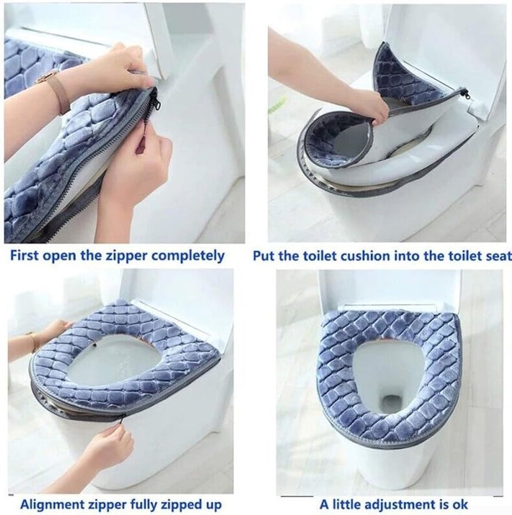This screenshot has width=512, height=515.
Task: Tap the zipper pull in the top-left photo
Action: (x=154, y=101)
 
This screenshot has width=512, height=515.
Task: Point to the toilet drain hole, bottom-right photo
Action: (x=390, y=404)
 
